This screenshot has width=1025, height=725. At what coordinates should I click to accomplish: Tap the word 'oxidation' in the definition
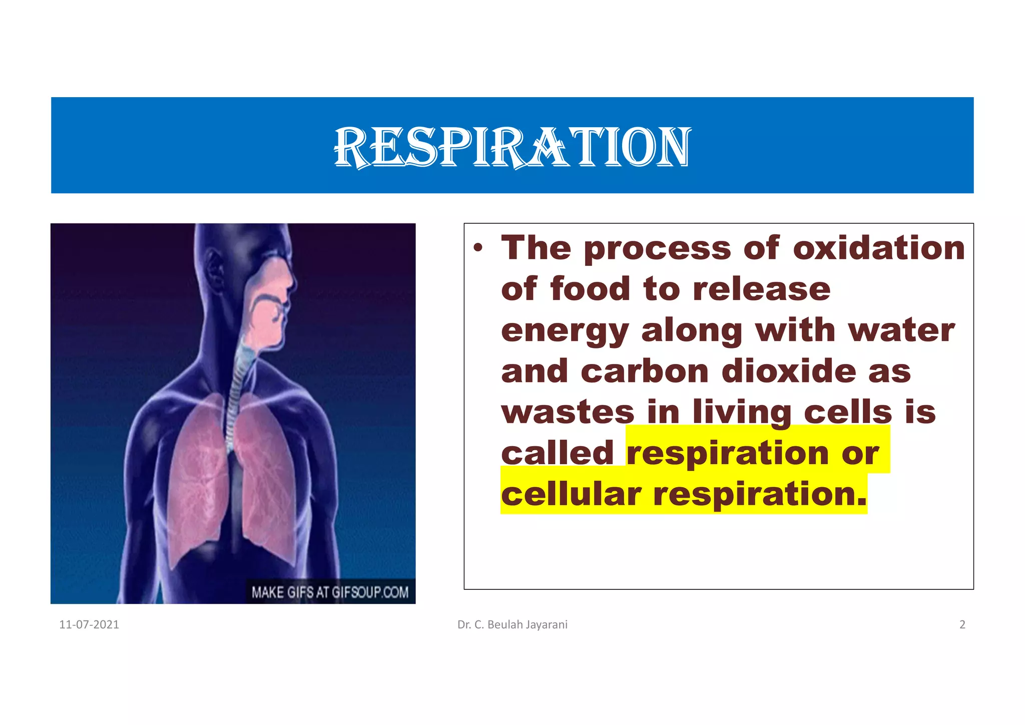(x=879, y=248)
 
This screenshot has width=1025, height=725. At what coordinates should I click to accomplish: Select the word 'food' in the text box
(x=590, y=289)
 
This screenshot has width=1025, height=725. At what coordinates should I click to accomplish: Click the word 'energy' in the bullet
(x=565, y=331)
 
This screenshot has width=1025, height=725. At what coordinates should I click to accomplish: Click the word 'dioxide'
(x=789, y=372)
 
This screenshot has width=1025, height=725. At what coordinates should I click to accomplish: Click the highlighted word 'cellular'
(x=571, y=494)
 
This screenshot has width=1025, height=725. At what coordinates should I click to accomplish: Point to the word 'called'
(x=557, y=453)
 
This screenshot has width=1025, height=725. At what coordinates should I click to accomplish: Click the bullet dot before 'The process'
(x=479, y=248)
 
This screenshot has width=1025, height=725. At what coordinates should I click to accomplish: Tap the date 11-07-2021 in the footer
(x=89, y=624)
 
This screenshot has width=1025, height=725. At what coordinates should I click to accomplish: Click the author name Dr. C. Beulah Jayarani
(x=512, y=624)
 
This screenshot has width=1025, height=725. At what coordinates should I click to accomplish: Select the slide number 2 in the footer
(x=962, y=624)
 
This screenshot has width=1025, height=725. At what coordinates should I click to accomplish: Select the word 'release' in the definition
(x=761, y=289)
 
